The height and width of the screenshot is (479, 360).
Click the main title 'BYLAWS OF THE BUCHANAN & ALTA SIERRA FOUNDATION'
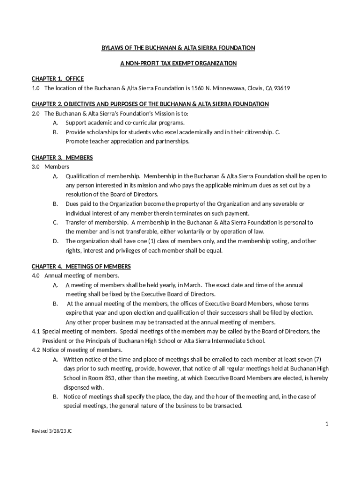[179, 48]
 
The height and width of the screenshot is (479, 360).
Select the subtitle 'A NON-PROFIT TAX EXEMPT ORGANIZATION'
[179, 63]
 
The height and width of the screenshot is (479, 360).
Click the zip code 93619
[282, 88]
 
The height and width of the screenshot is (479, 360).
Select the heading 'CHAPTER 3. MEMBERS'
[62, 158]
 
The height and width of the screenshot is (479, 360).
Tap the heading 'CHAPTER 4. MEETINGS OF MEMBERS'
[81, 267]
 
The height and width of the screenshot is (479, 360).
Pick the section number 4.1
[36, 332]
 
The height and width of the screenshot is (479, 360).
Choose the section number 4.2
[36, 350]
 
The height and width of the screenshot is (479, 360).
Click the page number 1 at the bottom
[327, 424]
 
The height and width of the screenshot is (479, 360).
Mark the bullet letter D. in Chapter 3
[55, 241]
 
